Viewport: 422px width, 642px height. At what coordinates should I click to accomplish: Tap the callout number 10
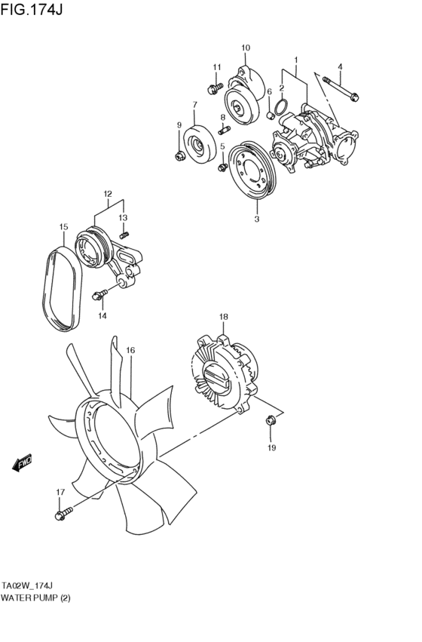click(x=246, y=48)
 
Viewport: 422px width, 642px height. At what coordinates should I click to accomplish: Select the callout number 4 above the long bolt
click(x=340, y=66)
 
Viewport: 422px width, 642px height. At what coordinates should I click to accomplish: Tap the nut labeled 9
click(x=179, y=155)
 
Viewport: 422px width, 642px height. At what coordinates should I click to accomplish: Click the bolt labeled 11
click(x=214, y=86)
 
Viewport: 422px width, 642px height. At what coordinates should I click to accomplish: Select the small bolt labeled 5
click(x=222, y=164)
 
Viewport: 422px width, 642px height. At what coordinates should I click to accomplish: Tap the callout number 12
click(x=108, y=193)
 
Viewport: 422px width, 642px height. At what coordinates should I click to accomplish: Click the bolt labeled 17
click(x=62, y=515)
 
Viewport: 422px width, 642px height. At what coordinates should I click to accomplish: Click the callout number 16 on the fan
click(x=130, y=350)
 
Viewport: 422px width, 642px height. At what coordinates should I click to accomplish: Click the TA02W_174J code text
click(x=31, y=585)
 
